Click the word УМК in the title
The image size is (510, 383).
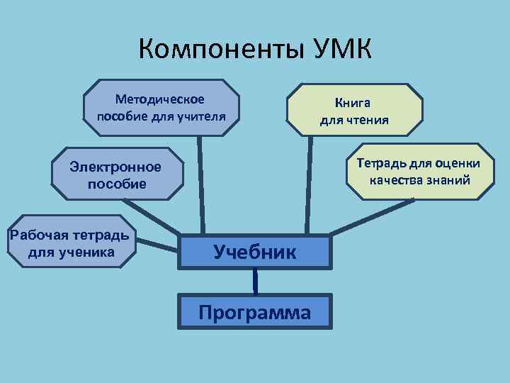pyautogui.click(x=341, y=50)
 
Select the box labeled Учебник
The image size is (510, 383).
pyautogui.click(x=255, y=252)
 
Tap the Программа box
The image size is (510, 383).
pyautogui.click(x=255, y=312)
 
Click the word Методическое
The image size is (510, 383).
pyautogui.click(x=160, y=99)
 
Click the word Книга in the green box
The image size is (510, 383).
pyautogui.click(x=354, y=104)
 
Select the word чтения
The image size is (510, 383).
pyautogui.click(x=369, y=119)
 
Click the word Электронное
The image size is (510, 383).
pyautogui.click(x=116, y=167)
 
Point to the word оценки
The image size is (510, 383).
pyautogui.click(x=460, y=164)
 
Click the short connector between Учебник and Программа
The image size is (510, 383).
pyautogui.click(x=255, y=281)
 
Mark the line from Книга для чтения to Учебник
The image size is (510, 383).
pyautogui.click(x=309, y=184)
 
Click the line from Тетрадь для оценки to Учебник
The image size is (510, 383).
pyautogui.click(x=372, y=217)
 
